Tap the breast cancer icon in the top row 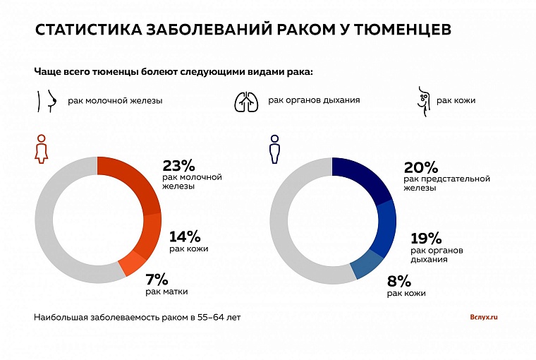tap(46, 100)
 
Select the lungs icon tap(246, 100)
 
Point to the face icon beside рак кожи tap(422, 101)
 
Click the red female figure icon tap(42, 149)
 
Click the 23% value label tap(178, 166)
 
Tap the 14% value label tap(185, 236)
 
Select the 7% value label tap(156, 278)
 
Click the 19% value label tap(425, 239)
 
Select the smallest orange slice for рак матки tap(133, 263)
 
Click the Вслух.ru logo tap(483, 317)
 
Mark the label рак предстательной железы tap(446, 183)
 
